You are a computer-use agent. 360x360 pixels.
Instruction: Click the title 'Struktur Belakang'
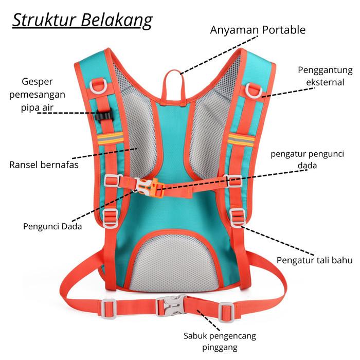(82, 21)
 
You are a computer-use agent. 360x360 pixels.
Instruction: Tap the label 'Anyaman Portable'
(258, 30)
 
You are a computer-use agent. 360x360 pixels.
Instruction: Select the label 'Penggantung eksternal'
(325, 76)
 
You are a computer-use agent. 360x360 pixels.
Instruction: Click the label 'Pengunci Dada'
(52, 226)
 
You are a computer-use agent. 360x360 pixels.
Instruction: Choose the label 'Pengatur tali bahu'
(314, 260)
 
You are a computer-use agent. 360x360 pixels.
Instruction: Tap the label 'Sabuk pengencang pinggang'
(220, 342)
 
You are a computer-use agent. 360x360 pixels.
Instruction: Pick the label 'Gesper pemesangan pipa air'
(44, 94)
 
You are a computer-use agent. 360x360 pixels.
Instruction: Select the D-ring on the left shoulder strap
(99, 84)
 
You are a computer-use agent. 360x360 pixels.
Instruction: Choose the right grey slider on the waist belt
(225, 310)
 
